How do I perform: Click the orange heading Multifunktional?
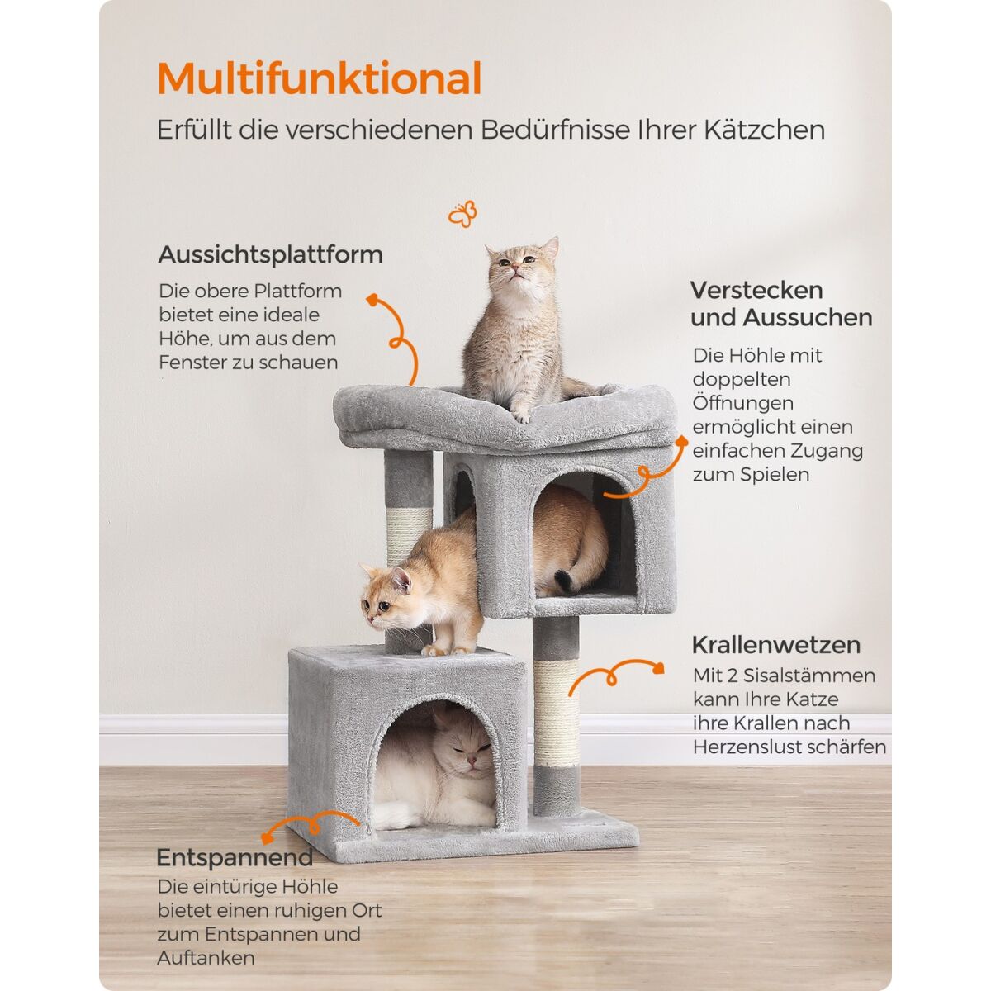320,78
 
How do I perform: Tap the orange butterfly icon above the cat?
462,214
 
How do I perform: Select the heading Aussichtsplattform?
271,254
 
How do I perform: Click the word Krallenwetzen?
776,645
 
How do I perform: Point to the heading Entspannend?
235,858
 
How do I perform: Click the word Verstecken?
756,290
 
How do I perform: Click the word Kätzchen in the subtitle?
764,130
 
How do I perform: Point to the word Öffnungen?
742,403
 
